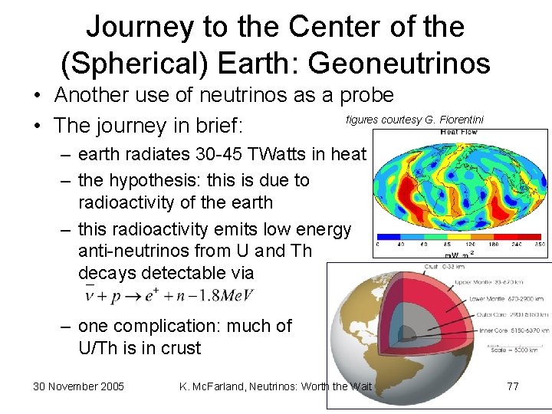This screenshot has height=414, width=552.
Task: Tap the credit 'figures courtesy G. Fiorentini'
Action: (x=415, y=120)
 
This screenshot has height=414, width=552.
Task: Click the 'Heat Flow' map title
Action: (x=458, y=132)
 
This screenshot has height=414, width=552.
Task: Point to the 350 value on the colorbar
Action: (x=540, y=245)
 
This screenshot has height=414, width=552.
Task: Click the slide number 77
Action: (x=512, y=386)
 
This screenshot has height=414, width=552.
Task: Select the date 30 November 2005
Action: (x=79, y=386)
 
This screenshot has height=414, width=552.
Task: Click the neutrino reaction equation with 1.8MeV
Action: (x=169, y=295)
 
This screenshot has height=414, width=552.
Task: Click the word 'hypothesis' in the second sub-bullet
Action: (x=147, y=181)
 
